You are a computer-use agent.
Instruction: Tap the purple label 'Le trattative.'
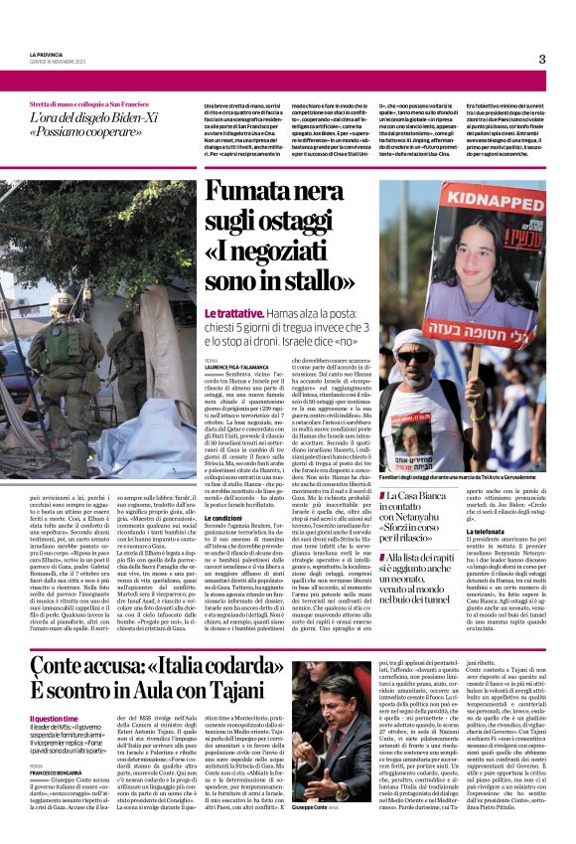pos(233,312)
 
